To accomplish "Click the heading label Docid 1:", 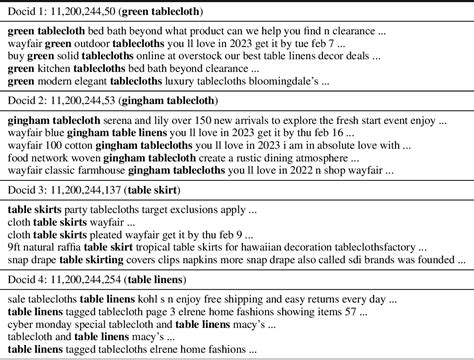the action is pyautogui.click(x=27, y=12).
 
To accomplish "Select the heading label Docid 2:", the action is pyautogui.click(x=27, y=103).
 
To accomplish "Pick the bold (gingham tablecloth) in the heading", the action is pyautogui.click(x=161, y=103).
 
